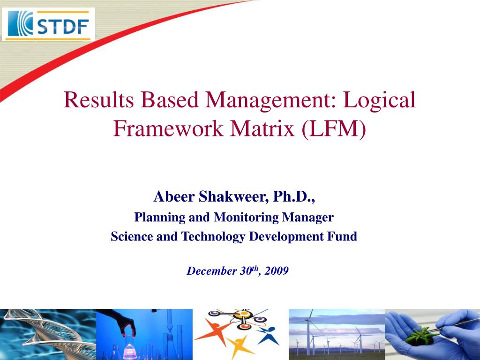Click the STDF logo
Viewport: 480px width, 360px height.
click(x=49, y=24)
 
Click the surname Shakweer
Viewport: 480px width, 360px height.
click(x=231, y=197)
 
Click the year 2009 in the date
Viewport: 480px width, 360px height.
click(x=276, y=271)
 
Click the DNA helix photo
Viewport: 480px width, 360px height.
click(x=47, y=334)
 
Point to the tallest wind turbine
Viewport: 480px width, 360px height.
click(x=309, y=330)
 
